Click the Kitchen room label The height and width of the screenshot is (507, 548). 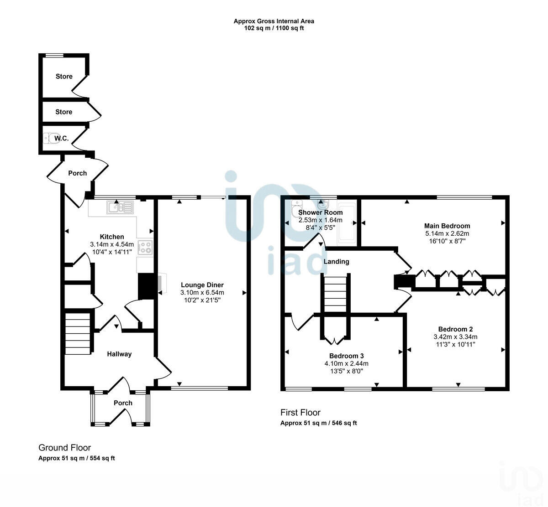point(112,237)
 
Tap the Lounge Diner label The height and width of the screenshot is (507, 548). point(202,285)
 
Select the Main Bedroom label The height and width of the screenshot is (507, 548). point(447,226)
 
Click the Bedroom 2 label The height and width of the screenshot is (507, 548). point(455,329)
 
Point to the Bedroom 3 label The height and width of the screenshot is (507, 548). point(346,356)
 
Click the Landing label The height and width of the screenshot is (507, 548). point(336,262)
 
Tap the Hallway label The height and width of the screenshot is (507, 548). point(119,354)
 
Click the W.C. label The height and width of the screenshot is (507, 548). point(62,139)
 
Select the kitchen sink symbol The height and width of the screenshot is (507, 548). point(120,208)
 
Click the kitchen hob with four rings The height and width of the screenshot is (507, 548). point(145,247)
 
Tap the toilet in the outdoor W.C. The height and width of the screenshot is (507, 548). point(50,138)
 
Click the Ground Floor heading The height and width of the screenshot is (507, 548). point(64,448)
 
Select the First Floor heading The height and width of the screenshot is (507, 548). point(300,413)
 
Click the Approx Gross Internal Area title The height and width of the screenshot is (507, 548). point(274,21)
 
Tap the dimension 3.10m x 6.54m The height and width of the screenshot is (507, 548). point(202,292)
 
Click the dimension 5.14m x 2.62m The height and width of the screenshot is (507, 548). point(447,233)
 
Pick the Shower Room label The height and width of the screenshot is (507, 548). point(320,212)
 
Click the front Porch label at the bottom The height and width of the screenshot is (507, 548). point(123,403)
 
